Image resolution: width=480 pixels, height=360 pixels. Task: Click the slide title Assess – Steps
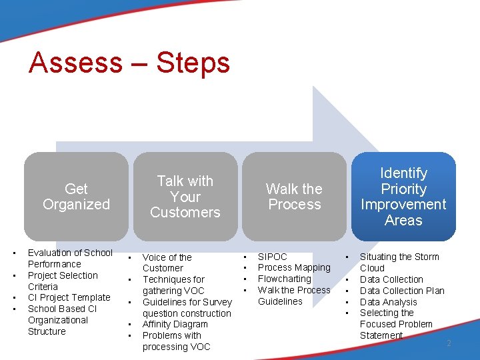tap(129, 63)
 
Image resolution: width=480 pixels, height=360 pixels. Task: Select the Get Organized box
tap(76, 197)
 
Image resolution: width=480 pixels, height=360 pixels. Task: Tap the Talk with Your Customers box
tap(185, 197)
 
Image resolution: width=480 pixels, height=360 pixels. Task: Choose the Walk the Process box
tap(294, 197)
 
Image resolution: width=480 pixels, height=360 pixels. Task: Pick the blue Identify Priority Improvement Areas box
tap(403, 197)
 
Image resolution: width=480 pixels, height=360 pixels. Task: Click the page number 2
tap(449, 343)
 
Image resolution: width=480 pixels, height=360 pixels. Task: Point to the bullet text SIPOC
tap(272, 257)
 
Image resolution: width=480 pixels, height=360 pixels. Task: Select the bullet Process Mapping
tap(294, 268)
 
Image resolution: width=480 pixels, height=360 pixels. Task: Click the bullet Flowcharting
tap(285, 279)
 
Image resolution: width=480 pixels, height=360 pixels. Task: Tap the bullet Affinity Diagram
tap(175, 325)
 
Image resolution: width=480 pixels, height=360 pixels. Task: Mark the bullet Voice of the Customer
tap(167, 263)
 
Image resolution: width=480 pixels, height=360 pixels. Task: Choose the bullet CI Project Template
tap(69, 298)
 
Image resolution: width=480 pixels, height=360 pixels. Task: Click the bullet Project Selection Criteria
tap(63, 281)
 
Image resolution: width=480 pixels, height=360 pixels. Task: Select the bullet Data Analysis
tap(388, 302)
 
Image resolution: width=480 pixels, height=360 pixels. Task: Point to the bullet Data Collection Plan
tap(402, 291)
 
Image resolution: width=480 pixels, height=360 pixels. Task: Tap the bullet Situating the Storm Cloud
tap(399, 262)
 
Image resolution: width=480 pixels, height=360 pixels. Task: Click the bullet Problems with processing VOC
tap(176, 341)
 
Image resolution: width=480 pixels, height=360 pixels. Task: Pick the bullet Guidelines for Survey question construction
tap(187, 307)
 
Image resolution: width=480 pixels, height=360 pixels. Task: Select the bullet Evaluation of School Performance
tap(70, 258)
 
